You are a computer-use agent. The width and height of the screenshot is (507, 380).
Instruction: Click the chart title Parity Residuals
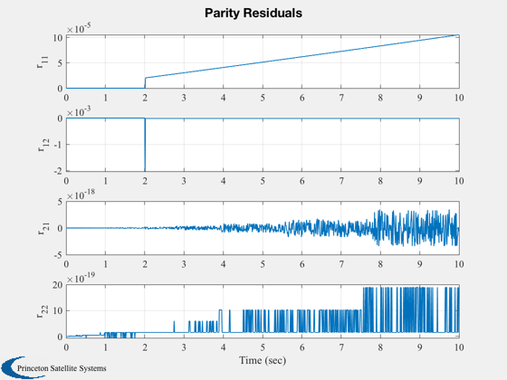tap(253, 13)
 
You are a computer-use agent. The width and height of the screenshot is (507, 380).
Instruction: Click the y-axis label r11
tap(43, 62)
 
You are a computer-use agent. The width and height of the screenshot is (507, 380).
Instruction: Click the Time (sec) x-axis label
tap(263, 360)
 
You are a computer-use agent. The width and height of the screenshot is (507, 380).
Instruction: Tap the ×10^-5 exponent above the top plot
tap(79, 28)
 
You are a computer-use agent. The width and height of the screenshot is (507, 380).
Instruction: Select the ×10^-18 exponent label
tap(81, 195)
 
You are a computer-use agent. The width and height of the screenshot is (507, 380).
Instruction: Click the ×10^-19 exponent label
tap(81, 278)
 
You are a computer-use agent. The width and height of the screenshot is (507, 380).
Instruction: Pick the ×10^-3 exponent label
tap(79, 112)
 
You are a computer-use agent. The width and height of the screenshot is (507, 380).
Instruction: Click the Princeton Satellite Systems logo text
tap(62, 368)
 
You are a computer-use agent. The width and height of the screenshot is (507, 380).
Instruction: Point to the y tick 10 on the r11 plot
tap(58, 38)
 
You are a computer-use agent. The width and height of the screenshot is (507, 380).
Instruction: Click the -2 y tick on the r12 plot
tap(58, 171)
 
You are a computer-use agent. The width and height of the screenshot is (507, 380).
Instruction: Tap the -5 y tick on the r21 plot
tap(58, 254)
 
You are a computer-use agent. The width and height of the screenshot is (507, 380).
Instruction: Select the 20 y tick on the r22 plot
tap(58, 285)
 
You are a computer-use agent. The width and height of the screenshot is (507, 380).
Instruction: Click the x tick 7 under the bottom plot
tap(341, 347)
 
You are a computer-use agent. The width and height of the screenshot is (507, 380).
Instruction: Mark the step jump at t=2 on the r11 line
tap(145, 82)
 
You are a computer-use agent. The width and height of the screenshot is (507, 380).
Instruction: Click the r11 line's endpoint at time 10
tap(459, 34)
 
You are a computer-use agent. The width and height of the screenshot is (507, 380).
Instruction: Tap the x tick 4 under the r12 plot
tap(223, 181)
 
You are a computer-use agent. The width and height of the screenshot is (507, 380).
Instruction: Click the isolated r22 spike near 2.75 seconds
tap(174, 327)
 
